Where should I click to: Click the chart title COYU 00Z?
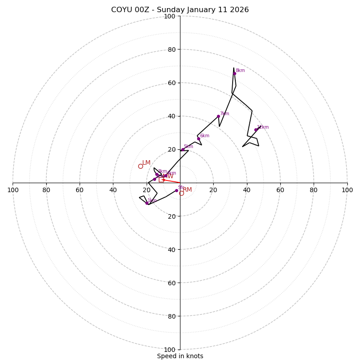tap(180, 10)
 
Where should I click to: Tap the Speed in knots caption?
tap(180, 356)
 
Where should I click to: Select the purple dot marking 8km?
tap(234, 73)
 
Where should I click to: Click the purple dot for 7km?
tap(218, 116)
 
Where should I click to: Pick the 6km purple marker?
tap(198, 139)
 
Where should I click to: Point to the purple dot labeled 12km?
tap(256, 130)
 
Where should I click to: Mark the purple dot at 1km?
tap(147, 203)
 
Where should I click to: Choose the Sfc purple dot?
tap(176, 190)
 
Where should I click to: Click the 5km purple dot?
tap(182, 149)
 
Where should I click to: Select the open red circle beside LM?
tap(140, 166)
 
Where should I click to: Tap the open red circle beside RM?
tap(181, 193)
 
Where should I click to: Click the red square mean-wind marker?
tap(161, 180)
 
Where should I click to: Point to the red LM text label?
tap(146, 163)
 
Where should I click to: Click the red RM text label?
tap(187, 190)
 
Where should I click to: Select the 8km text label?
tap(240, 71)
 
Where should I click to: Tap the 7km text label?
tap(224, 114)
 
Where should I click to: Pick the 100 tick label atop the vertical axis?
tap(170, 16)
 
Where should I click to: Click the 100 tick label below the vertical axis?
tap(170, 350)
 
